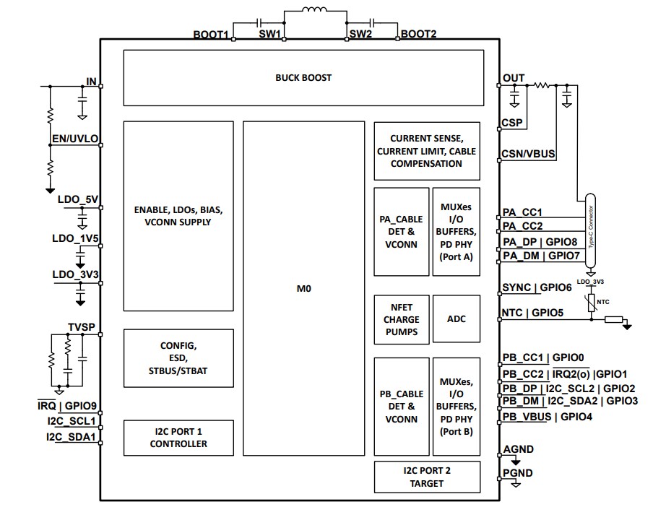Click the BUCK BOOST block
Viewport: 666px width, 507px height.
click(303, 78)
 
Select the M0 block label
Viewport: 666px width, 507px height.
click(303, 287)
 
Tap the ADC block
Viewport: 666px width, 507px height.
click(456, 318)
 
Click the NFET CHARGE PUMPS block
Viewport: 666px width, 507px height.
click(401, 318)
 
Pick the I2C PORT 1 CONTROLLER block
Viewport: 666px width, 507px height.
click(178, 438)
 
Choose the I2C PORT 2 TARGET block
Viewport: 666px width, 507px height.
click(426, 477)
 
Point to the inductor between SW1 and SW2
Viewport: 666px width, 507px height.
click(313, 12)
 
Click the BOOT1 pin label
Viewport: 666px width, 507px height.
click(211, 35)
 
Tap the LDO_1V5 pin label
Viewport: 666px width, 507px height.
click(73, 238)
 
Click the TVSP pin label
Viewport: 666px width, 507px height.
click(81, 326)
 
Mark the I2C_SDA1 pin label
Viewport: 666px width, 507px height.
click(72, 437)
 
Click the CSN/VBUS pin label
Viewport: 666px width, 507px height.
click(529, 154)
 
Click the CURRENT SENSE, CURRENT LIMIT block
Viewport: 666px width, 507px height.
click(426, 150)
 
